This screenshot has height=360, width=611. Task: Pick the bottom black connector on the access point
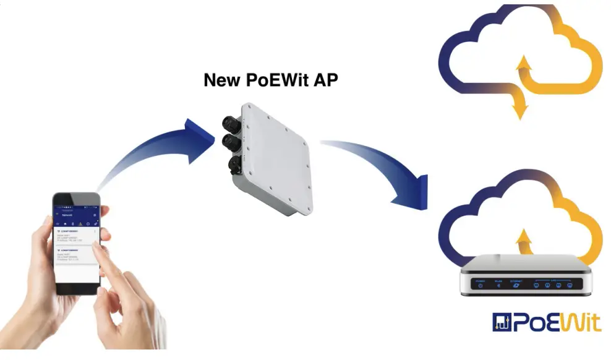(x=234, y=165)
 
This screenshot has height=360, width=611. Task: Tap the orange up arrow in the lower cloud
(x=524, y=238)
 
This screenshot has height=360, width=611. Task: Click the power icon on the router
(x=480, y=285)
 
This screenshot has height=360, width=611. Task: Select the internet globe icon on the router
(x=516, y=285)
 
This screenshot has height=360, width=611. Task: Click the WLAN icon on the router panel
(x=498, y=285)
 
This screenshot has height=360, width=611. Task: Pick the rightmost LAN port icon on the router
(x=570, y=285)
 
